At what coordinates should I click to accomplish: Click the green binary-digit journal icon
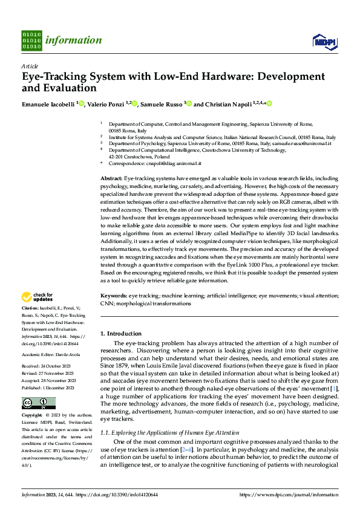click(31, 41)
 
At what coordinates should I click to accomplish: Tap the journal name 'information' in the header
click(74, 41)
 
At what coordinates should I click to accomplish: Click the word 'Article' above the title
click(30, 66)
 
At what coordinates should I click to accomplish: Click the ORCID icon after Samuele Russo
click(189, 104)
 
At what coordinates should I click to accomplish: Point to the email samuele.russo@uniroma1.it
click(311, 143)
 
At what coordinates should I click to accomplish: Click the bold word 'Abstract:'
click(111, 180)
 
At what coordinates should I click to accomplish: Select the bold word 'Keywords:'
click(113, 296)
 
